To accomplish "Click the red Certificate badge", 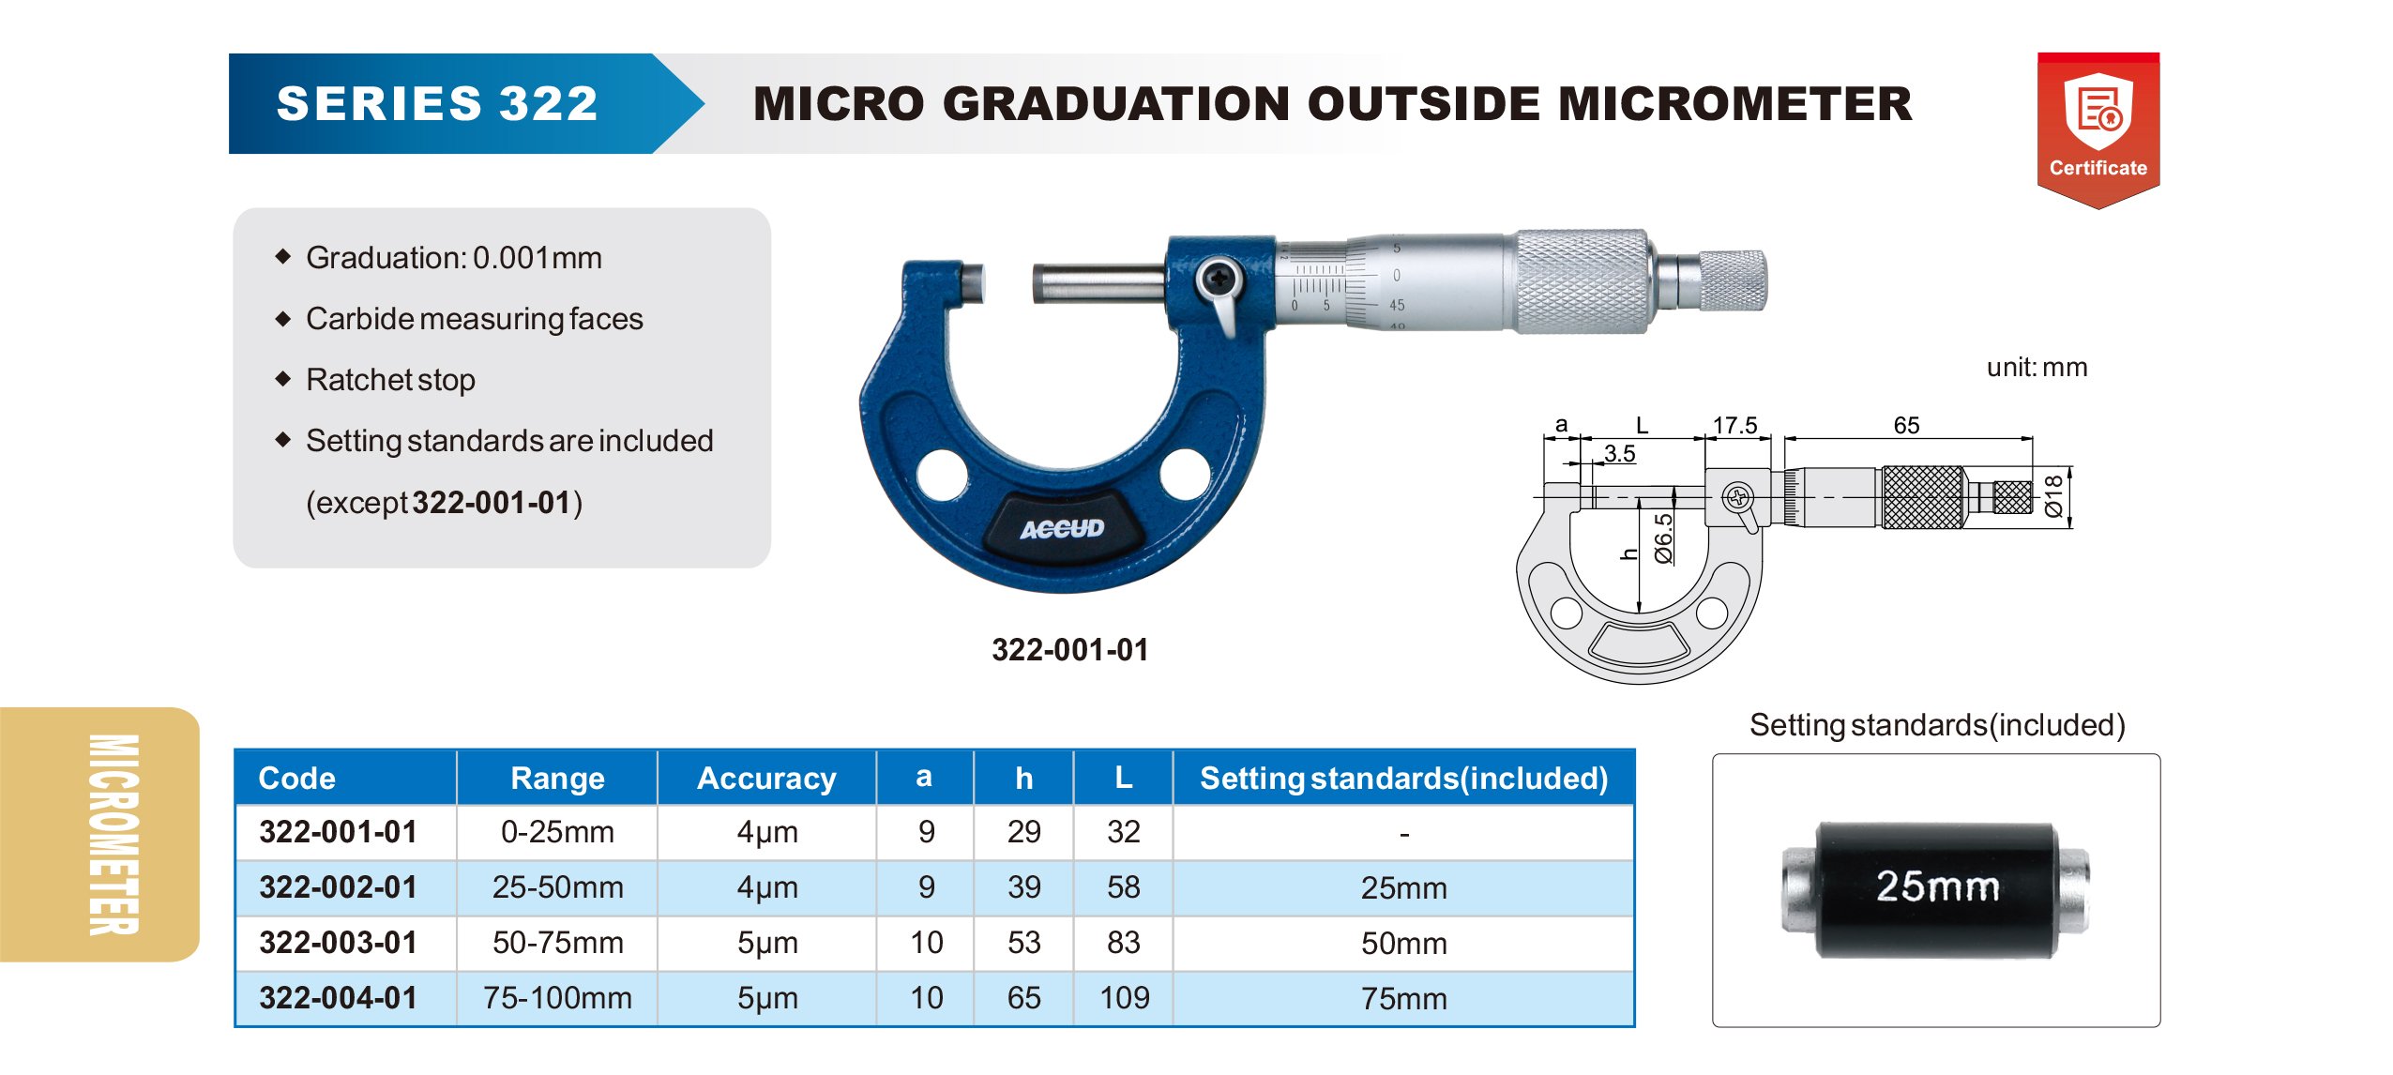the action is [2098, 129].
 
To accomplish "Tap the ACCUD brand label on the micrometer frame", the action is [1062, 529].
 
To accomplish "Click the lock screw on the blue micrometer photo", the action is [1219, 279].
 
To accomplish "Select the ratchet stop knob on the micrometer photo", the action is [1733, 280].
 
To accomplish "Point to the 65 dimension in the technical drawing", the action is [1906, 425].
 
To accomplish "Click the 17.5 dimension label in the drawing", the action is [1734, 425].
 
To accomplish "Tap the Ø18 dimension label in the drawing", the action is [2053, 495].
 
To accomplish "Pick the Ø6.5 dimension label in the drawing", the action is [1663, 538].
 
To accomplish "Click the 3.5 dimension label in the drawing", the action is [1620, 454].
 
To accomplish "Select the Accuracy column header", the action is [766, 778].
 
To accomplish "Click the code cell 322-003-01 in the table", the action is [339, 942].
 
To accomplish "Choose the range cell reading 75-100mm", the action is [557, 997].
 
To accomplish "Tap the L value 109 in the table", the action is [1124, 997].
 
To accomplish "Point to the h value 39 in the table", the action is [1023, 886].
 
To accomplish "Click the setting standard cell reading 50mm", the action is [1403, 943].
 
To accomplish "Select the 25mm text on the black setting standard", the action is [1937, 886].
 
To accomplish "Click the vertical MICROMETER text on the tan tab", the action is [114, 834].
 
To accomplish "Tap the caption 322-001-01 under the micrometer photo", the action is [1069, 649].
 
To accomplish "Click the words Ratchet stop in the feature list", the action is [390, 380].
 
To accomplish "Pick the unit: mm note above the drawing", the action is [2037, 367].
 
